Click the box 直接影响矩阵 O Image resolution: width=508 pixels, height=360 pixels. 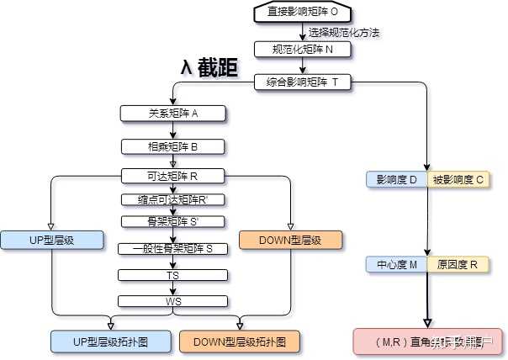[301, 12]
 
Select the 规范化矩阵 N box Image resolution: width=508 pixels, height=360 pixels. [301, 49]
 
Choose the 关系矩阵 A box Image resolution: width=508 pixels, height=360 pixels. [172, 113]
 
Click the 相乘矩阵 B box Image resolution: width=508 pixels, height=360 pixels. [172, 146]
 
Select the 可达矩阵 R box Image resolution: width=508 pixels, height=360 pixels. [172, 177]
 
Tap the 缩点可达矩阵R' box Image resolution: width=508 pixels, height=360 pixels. [172, 199]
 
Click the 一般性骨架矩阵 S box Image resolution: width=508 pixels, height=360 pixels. [172, 249]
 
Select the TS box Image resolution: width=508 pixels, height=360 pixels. [172, 275]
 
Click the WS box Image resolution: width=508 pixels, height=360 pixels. [172, 301]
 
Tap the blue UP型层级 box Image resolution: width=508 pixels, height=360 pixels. [51, 240]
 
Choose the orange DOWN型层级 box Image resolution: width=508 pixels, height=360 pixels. [291, 240]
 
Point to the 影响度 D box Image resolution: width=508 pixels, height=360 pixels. [397, 179]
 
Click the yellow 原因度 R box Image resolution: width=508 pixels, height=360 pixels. [458, 265]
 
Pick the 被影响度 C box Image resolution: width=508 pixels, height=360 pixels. [458, 179]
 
